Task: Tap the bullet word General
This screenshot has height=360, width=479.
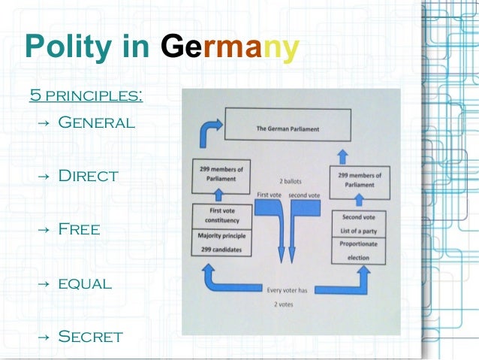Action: [96, 122]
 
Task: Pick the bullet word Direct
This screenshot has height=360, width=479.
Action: [88, 176]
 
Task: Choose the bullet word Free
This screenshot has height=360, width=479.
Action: [79, 229]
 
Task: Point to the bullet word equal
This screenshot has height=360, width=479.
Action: [85, 283]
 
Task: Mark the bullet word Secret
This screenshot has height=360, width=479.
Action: [90, 336]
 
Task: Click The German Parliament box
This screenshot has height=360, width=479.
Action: [288, 129]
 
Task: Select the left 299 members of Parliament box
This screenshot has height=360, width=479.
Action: [221, 173]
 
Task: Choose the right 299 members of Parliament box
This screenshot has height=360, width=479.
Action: [356, 180]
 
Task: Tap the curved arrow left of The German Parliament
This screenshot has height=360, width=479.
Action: [207, 132]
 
